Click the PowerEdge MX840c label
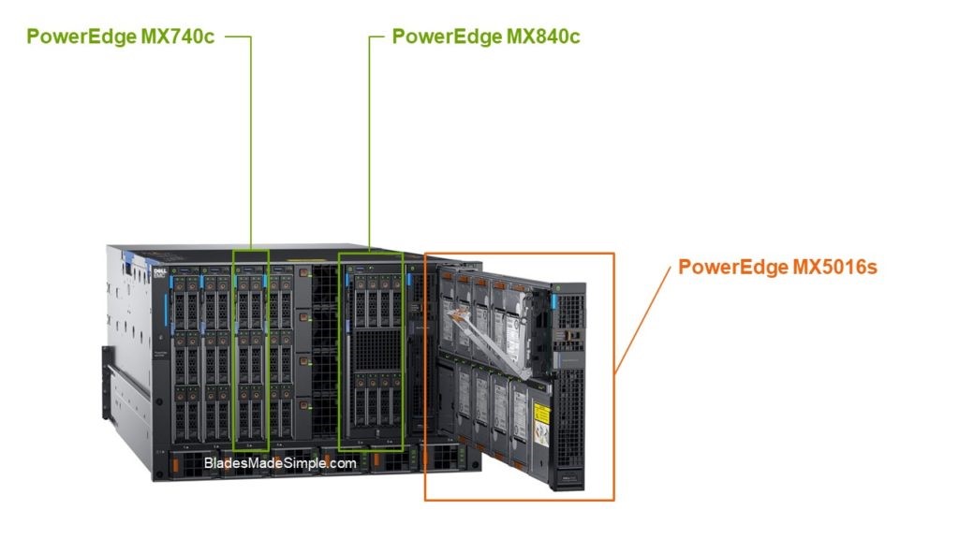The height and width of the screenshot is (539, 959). point(486,37)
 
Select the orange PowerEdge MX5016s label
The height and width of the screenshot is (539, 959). point(777,268)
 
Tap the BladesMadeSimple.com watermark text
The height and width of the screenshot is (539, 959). point(280,462)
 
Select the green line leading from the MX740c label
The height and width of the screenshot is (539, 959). point(251,140)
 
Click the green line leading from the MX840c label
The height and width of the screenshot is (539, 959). point(370,140)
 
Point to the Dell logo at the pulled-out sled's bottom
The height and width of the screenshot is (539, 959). point(568,483)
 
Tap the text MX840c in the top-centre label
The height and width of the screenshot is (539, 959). point(542,37)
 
